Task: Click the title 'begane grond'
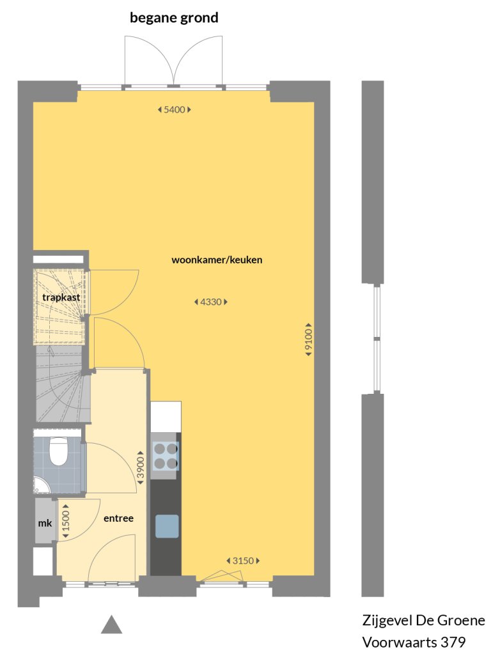(x=174, y=18)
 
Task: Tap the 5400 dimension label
(x=174, y=109)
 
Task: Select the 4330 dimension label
(x=210, y=302)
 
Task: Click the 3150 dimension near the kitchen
(x=243, y=561)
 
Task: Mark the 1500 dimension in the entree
(x=65, y=517)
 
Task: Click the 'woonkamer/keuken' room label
(x=217, y=260)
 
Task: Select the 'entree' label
(x=118, y=518)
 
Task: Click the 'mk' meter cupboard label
(x=45, y=523)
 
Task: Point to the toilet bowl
(x=59, y=451)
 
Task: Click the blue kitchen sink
(x=167, y=526)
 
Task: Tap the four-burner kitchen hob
(x=166, y=456)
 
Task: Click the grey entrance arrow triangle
(x=111, y=625)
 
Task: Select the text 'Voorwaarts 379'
(x=414, y=641)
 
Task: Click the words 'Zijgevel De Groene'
(x=423, y=621)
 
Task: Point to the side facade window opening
(x=377, y=338)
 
